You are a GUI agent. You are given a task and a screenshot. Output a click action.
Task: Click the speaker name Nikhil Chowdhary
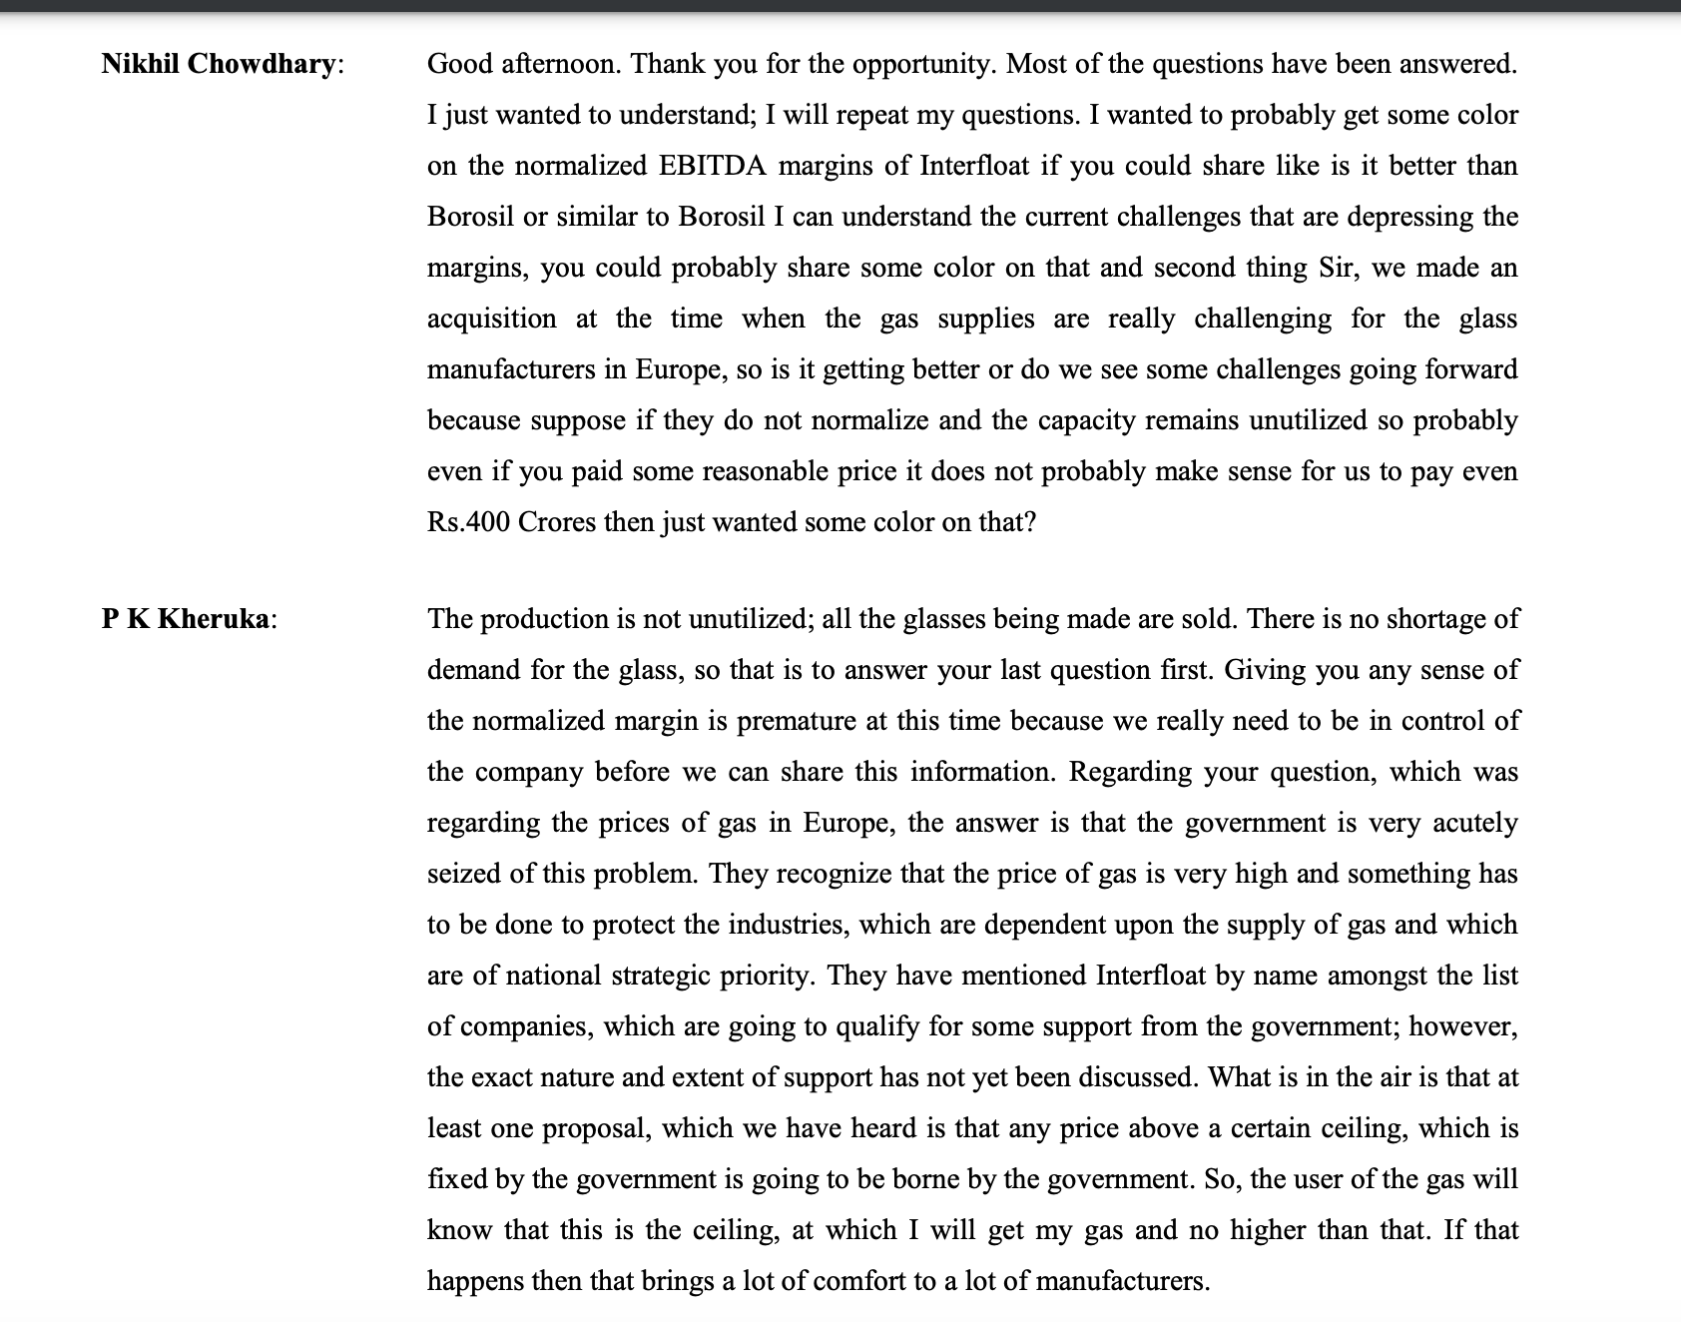(219, 64)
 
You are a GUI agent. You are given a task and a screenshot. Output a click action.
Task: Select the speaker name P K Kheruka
(186, 619)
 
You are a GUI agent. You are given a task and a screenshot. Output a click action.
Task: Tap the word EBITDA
(712, 166)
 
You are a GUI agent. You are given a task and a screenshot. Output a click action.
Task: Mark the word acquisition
(491, 319)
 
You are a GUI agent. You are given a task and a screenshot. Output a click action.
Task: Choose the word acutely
(1474, 823)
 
